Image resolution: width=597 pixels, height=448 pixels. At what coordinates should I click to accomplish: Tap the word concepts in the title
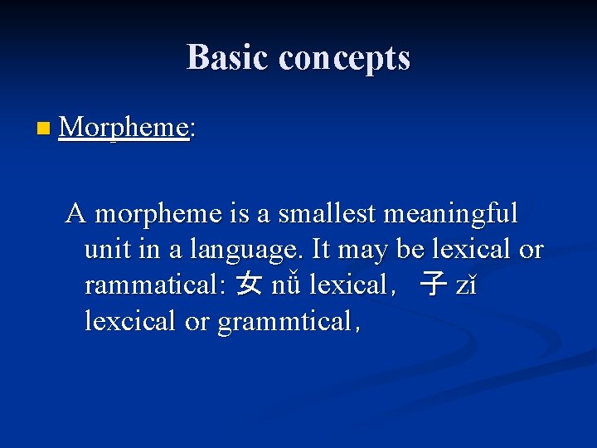click(344, 57)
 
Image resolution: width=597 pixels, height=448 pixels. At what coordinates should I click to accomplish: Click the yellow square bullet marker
click(43, 129)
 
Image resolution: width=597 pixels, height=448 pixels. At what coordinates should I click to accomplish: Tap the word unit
click(106, 250)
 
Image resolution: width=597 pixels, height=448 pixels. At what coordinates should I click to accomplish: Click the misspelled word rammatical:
click(154, 285)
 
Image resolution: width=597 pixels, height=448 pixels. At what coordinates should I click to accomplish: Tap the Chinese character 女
click(248, 286)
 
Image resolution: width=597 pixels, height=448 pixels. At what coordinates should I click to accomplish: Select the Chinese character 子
click(432, 286)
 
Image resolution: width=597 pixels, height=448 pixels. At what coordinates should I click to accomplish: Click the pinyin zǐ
click(467, 286)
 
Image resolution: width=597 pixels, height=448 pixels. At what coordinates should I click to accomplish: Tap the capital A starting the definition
click(76, 214)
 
